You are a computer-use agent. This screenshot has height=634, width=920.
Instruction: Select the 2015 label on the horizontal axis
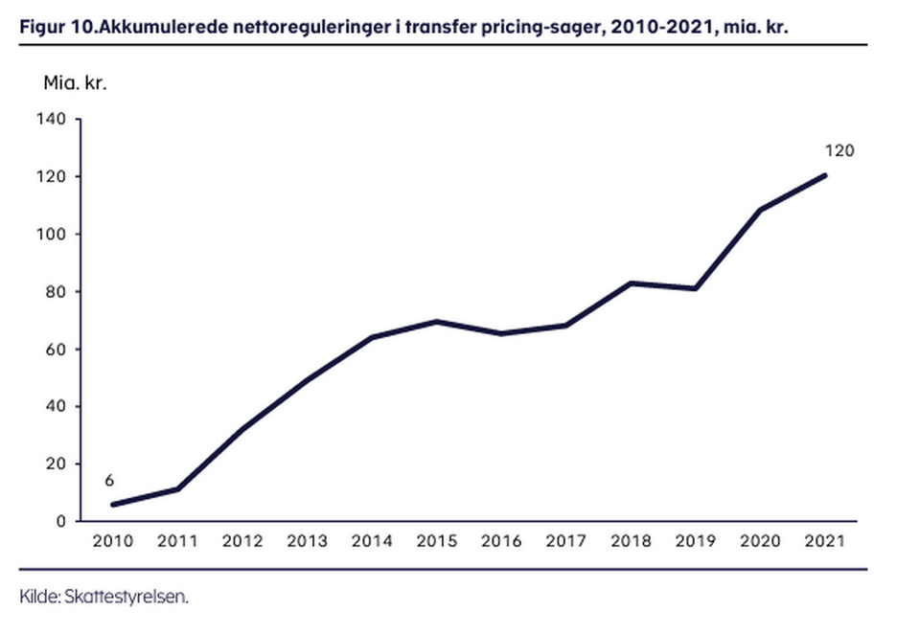[x=436, y=541]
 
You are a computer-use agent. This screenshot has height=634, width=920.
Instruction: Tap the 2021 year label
[x=825, y=541]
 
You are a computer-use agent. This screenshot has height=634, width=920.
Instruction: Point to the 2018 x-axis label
[x=631, y=541]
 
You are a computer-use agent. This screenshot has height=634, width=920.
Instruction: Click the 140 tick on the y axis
[x=52, y=120]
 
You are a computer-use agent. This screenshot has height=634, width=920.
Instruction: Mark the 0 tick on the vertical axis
[x=60, y=522]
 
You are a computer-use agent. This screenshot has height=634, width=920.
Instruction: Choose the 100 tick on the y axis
[x=52, y=235]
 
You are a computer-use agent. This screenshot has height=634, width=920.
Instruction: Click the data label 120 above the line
[x=839, y=150]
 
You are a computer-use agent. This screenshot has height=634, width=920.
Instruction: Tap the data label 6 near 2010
[x=109, y=481]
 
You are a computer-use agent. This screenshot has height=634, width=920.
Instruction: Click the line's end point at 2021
[x=825, y=175]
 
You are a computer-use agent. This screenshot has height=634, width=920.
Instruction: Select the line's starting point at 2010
[x=112, y=505]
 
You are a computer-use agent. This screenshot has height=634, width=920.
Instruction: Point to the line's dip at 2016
[x=501, y=333]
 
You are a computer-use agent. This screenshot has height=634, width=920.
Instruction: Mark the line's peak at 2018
[x=631, y=283]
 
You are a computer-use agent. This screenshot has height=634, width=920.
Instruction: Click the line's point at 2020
[x=760, y=210]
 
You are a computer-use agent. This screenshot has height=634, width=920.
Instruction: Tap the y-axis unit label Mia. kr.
[x=75, y=81]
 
